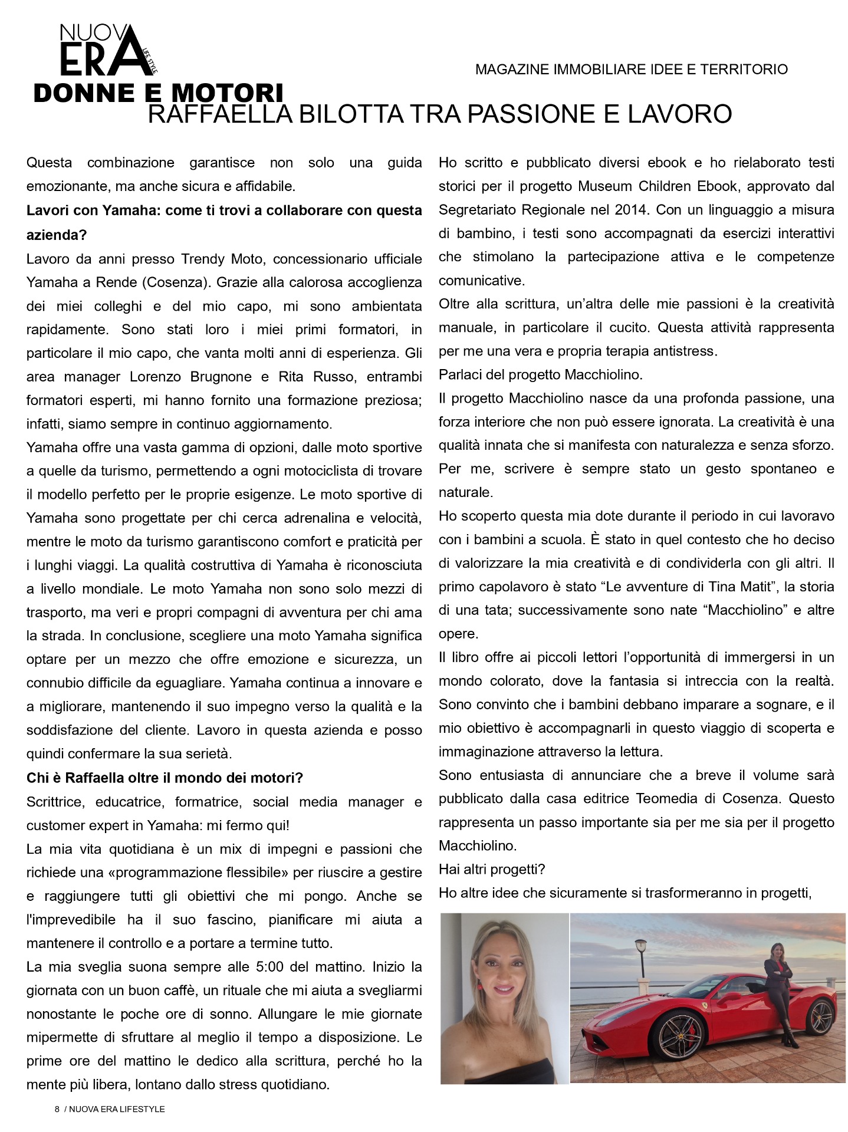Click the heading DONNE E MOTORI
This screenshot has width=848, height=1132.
(x=158, y=93)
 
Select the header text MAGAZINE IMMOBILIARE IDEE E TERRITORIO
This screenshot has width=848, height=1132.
(x=631, y=70)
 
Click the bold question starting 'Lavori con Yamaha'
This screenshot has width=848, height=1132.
(x=224, y=210)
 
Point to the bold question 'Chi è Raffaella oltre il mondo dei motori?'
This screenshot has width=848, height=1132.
(x=165, y=778)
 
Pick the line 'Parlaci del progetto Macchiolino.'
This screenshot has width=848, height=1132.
(x=540, y=374)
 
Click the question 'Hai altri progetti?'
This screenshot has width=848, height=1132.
(x=492, y=869)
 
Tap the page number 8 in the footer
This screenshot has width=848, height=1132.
(x=57, y=1109)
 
